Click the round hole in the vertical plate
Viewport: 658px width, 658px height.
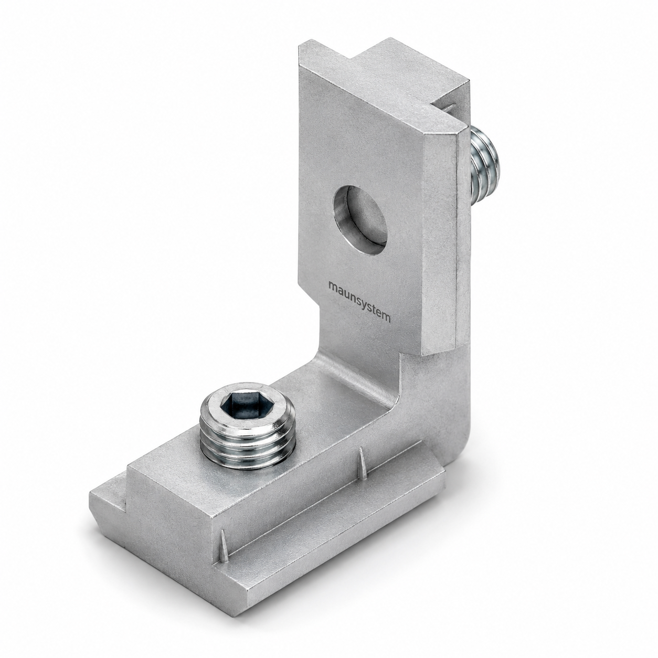(x=360, y=220)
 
